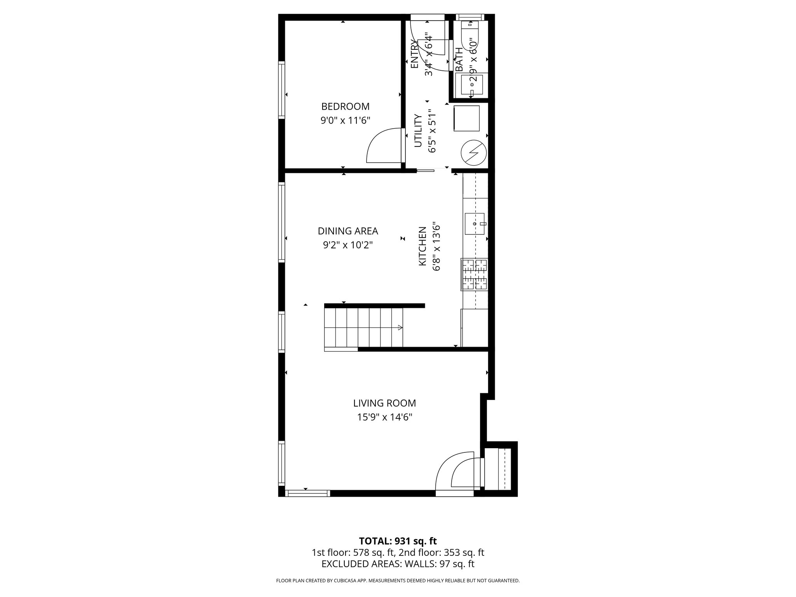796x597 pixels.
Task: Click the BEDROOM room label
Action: tap(345, 106)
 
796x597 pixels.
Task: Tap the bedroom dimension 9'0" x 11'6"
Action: tap(345, 120)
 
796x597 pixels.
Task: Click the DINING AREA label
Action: tap(348, 231)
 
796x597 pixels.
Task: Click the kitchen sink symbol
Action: tap(475, 224)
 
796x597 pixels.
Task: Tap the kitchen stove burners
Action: tap(475, 274)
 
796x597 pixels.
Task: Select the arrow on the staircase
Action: tap(400, 328)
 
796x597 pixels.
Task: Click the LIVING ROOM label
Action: tap(384, 403)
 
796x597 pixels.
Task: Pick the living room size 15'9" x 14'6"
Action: tap(384, 417)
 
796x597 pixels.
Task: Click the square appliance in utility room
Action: tap(466, 118)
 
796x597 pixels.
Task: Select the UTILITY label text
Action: tap(418, 131)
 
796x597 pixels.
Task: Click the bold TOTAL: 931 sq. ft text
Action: tap(398, 541)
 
